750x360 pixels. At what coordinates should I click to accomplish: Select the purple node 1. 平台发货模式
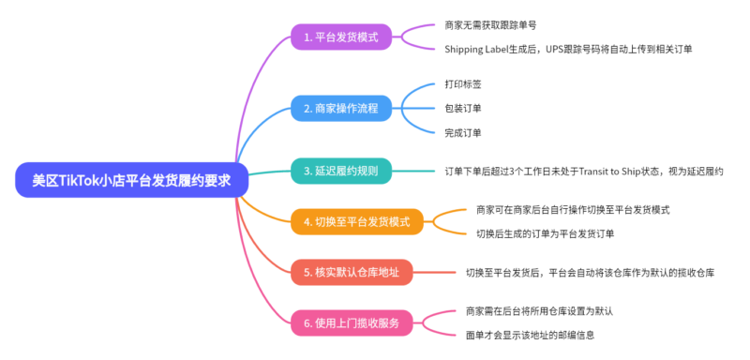coord(340,37)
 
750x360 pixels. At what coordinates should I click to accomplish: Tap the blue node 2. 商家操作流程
coord(340,108)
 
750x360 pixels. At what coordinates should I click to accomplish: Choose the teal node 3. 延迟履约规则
coord(340,172)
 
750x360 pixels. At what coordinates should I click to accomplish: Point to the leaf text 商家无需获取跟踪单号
coord(490,25)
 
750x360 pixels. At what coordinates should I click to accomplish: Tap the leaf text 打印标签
coord(463,84)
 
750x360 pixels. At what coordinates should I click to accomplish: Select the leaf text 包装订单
coord(463,108)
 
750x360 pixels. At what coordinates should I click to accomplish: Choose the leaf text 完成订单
coord(463,132)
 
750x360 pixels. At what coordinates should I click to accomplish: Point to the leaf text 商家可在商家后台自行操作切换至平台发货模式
coord(573,209)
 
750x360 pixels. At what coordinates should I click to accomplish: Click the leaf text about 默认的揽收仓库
coord(591,273)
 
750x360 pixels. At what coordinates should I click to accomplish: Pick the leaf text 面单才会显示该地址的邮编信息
coord(530,335)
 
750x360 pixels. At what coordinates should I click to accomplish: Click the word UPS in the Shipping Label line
coord(551,49)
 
